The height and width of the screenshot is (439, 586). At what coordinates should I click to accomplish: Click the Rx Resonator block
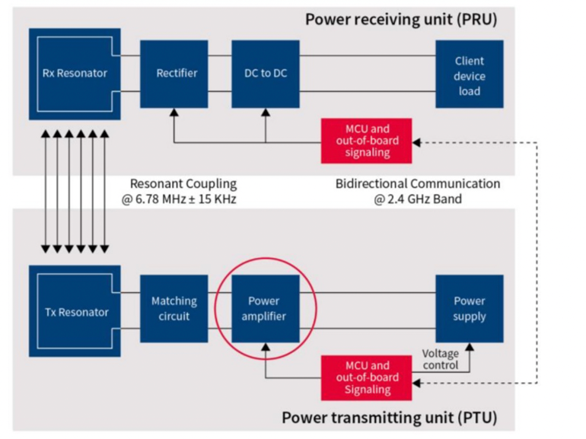coord(75,74)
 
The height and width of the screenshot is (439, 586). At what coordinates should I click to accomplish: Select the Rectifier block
coord(177,74)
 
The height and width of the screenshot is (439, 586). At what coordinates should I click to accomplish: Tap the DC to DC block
coord(266,74)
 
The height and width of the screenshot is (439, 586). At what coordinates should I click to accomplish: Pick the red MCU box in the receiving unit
coord(366,141)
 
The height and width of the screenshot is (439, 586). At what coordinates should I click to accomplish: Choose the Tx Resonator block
coord(75,311)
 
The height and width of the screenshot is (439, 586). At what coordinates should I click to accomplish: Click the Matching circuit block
coord(174,308)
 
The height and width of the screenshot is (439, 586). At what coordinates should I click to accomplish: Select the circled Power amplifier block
coord(264,308)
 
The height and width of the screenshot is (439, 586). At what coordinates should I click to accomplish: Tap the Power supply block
coord(469,308)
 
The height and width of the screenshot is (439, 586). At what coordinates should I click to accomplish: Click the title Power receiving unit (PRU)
coord(401,19)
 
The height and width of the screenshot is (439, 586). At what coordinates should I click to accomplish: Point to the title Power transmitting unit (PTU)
coord(389,418)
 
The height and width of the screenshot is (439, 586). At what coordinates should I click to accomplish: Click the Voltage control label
coord(441,359)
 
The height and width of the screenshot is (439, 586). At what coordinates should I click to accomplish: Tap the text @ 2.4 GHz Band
coord(418,200)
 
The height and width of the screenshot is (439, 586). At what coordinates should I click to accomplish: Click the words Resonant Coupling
coord(183,184)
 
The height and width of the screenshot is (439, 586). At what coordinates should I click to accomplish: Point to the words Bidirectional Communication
coord(418,184)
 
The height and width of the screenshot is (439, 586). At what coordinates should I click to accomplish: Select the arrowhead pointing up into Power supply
coord(469,347)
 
